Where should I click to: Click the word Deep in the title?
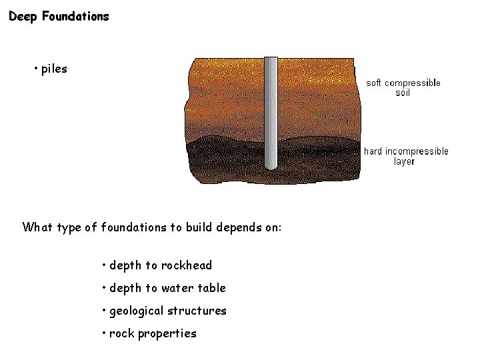[x=23, y=17]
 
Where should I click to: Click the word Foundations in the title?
[x=75, y=17]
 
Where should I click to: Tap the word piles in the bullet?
[x=54, y=69]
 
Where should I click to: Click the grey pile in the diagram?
[x=271, y=113]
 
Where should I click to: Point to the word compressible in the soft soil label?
[x=413, y=83]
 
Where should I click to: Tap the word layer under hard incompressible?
[x=404, y=161]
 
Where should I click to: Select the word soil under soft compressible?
[x=403, y=93]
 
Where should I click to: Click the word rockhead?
[x=186, y=265]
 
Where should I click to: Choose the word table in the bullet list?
[x=211, y=288]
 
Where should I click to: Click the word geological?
[x=137, y=311]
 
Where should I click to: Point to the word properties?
[x=167, y=333]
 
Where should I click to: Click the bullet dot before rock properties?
[x=104, y=332]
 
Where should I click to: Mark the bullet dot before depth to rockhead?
[x=104, y=264]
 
